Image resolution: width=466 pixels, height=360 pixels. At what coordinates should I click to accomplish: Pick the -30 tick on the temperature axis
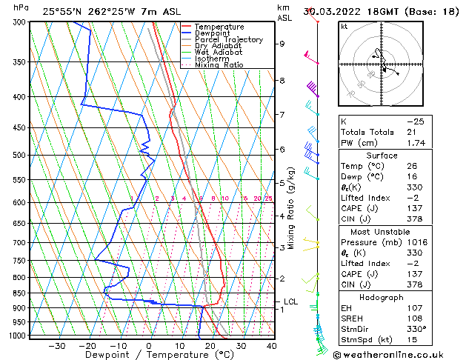pyautogui.click(x=57, y=345)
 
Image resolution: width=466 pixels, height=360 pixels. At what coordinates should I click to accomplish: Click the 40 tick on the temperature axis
pyautogui.click(x=272, y=345)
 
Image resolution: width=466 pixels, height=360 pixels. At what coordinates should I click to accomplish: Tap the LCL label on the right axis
pyautogui.click(x=290, y=301)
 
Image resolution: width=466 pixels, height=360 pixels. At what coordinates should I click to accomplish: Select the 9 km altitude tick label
pyautogui.click(x=282, y=44)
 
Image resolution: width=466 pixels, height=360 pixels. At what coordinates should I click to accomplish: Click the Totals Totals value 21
pyautogui.click(x=411, y=132)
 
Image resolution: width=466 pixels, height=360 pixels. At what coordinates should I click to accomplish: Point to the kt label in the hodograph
pyautogui.click(x=344, y=27)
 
